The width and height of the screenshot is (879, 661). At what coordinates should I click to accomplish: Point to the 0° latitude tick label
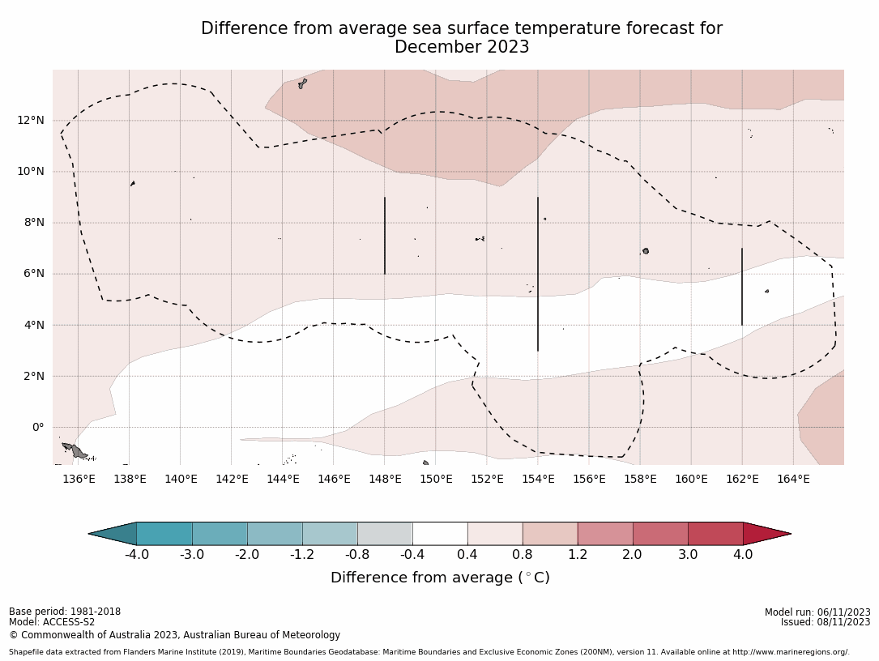[x=37, y=428]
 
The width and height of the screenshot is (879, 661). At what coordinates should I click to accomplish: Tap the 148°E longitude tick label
[x=385, y=479]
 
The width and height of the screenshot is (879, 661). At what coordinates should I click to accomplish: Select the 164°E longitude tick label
[x=793, y=479]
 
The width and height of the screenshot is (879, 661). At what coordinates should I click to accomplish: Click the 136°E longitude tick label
[x=79, y=479]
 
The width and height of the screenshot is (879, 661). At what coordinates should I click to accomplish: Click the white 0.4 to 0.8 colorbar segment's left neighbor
[x=440, y=534]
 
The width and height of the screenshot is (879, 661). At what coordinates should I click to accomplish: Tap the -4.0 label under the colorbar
[x=136, y=555]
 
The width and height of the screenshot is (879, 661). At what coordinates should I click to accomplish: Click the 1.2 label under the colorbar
[x=578, y=555]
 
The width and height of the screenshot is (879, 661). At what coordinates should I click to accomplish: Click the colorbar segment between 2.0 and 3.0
[x=660, y=534]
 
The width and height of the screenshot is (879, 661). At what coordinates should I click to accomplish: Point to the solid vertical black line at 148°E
[x=385, y=236]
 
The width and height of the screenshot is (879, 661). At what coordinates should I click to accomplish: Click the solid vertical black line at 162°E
[x=741, y=287]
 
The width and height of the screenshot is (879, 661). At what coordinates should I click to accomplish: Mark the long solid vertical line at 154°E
[x=538, y=274]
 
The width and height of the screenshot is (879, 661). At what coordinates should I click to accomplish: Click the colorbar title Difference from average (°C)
[x=440, y=578]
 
